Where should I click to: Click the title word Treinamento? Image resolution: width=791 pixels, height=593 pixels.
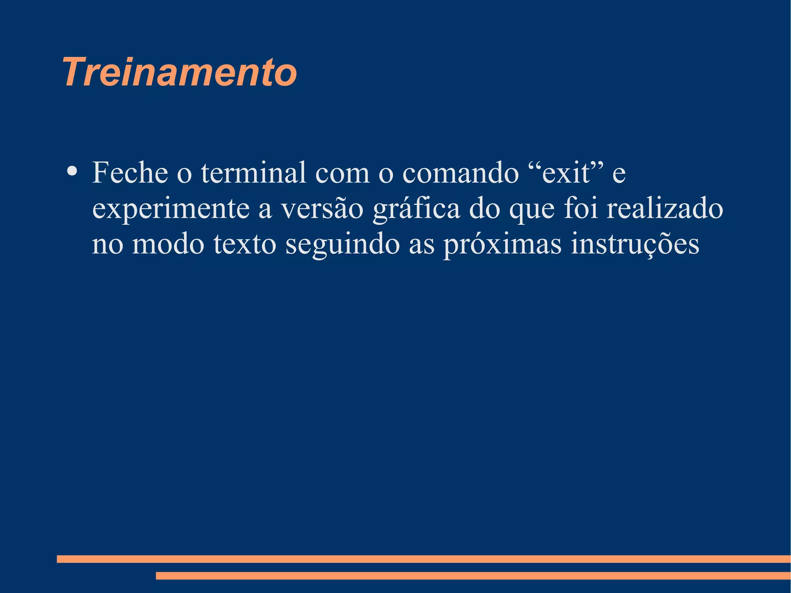click(x=180, y=72)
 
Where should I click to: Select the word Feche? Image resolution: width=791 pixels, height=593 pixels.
click(x=130, y=172)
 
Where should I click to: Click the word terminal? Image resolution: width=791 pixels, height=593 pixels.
click(x=253, y=172)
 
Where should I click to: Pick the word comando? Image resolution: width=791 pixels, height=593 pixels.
click(x=460, y=172)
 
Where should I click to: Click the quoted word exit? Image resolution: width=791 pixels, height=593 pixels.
click(x=566, y=173)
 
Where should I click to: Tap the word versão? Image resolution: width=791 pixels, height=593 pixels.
click(x=322, y=209)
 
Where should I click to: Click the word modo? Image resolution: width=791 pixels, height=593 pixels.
click(x=168, y=244)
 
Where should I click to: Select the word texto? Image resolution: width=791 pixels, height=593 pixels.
click(x=244, y=244)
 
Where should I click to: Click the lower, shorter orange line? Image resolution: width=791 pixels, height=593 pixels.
click(x=473, y=576)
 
